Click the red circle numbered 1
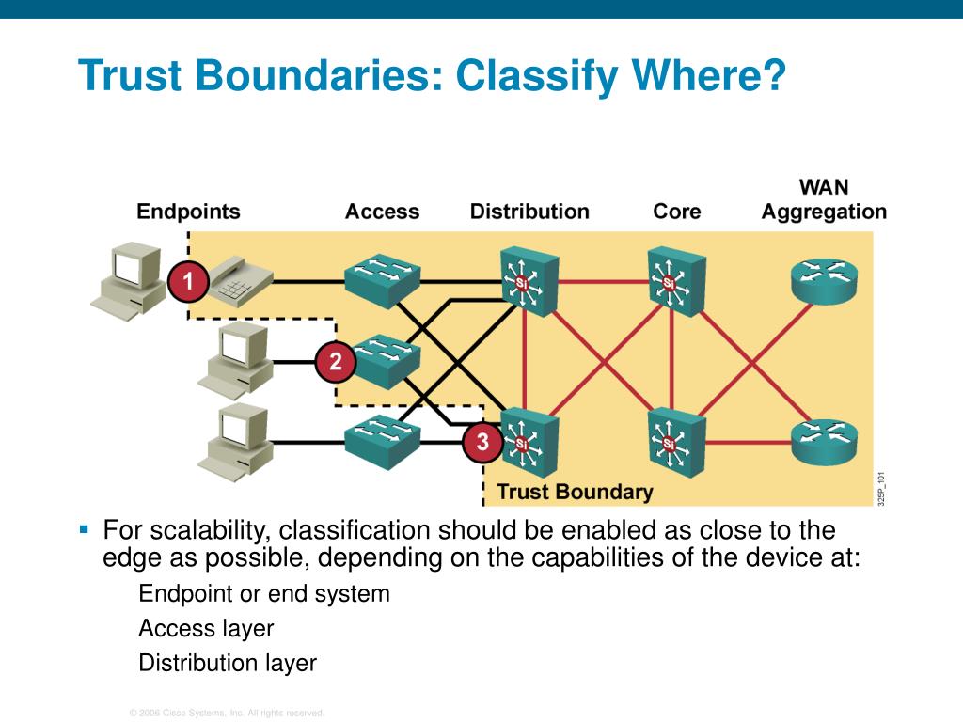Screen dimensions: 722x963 click(188, 281)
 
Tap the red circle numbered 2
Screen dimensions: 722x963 click(335, 362)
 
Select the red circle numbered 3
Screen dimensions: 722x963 click(482, 441)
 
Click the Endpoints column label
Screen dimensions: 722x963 click(188, 212)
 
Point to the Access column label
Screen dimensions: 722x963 click(382, 212)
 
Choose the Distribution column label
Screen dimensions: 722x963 click(529, 212)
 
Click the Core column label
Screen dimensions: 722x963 click(677, 212)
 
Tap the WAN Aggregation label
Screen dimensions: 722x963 click(824, 199)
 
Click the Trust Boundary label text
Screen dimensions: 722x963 click(574, 492)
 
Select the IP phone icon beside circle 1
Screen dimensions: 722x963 click(238, 280)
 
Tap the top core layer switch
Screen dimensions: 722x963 click(675, 280)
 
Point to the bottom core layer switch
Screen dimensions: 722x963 click(675, 441)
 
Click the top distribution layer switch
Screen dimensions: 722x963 click(528, 280)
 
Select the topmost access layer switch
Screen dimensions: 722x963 click(382, 276)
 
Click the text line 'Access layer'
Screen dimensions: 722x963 click(206, 628)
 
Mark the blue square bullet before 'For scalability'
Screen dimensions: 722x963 click(84, 530)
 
